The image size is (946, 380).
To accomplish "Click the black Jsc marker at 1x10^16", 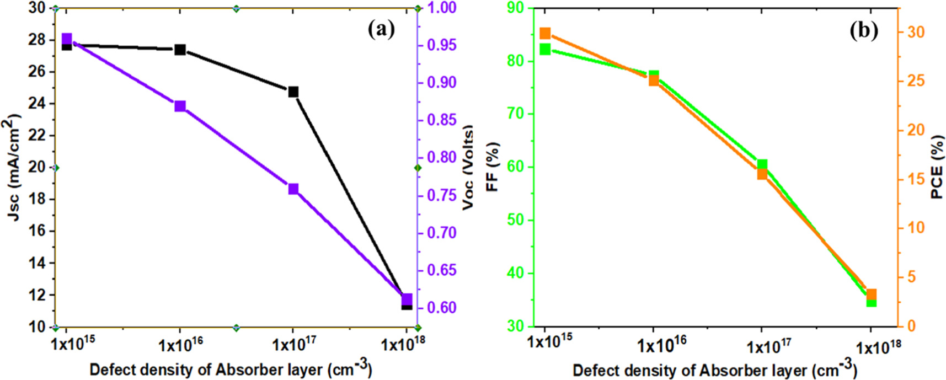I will (x=180, y=50).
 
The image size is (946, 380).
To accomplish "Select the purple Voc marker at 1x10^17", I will (x=293, y=189).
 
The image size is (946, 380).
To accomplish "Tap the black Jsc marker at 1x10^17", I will (x=293, y=92).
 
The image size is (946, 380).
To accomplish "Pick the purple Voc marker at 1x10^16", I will (x=180, y=106).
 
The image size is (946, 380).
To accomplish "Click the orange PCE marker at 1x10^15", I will (x=545, y=34).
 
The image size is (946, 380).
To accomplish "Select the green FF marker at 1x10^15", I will (x=545, y=50).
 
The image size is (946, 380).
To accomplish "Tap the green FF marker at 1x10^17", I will (x=762, y=164).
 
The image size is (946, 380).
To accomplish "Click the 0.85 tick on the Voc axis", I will (x=442, y=120).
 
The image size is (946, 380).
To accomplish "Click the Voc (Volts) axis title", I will (x=468, y=168).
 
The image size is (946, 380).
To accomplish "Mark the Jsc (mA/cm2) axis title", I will (x=14, y=167).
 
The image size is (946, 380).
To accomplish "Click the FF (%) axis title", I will (x=492, y=167).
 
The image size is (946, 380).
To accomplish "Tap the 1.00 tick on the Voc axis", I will (x=442, y=8).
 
